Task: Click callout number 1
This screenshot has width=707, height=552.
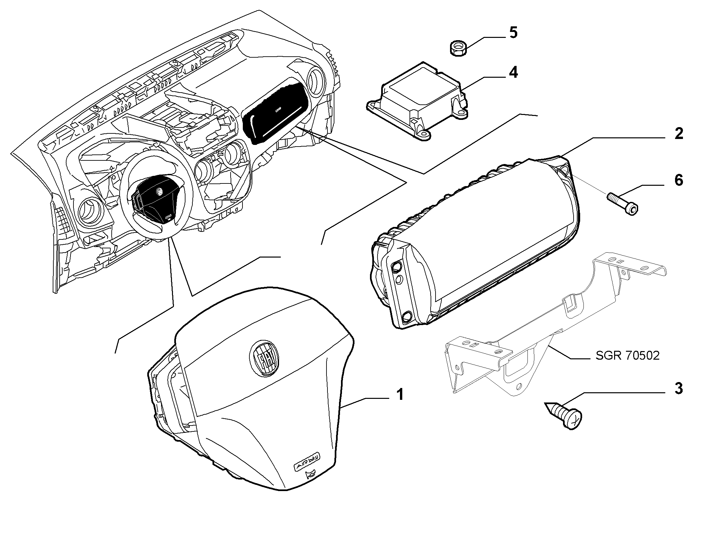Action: pyautogui.click(x=400, y=394)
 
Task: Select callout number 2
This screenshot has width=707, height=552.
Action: pyautogui.click(x=678, y=133)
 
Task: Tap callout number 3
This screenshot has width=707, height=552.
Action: pyautogui.click(x=678, y=389)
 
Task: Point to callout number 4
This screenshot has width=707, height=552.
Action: pyautogui.click(x=513, y=72)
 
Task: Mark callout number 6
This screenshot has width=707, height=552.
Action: pyautogui.click(x=679, y=180)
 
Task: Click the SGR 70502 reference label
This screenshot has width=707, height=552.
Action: pyautogui.click(x=628, y=355)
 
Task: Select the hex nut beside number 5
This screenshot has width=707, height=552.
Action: pyautogui.click(x=458, y=48)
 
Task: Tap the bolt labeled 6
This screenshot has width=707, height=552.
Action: pyautogui.click(x=622, y=204)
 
